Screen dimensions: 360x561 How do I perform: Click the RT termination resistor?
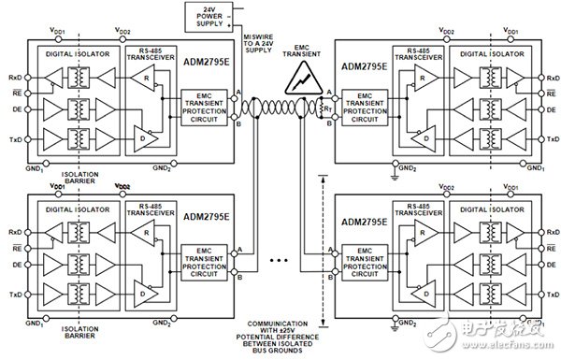click(x=325, y=106)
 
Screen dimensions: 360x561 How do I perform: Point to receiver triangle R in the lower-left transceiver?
click(x=142, y=236)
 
